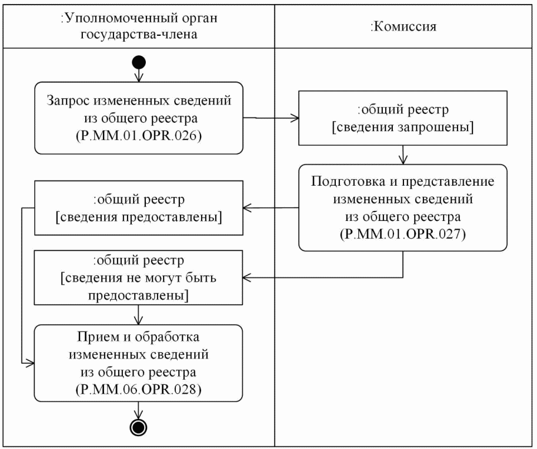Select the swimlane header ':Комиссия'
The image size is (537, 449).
pos(405,26)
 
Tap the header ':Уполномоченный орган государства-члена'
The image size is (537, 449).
pos(139,26)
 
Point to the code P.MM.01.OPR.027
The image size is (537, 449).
pos(402,234)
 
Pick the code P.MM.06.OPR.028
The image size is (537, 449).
pos(139,389)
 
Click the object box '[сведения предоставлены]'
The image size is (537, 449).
pos(139,207)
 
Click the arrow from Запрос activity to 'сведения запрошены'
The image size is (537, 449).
pos(271,119)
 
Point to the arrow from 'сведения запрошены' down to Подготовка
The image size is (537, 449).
pos(402,155)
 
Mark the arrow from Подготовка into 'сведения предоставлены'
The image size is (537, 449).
pos(271,207)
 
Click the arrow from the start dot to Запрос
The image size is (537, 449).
pos(139,75)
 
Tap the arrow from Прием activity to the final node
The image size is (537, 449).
pos(139,410)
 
